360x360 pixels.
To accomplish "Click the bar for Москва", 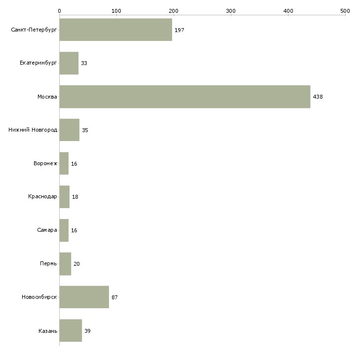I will (x=185, y=97).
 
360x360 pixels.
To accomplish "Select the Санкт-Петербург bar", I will (x=116, y=30).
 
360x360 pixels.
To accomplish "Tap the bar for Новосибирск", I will (x=84, y=297).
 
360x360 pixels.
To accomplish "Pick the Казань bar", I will (x=71, y=330).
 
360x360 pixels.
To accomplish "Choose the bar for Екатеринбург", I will (x=69, y=63).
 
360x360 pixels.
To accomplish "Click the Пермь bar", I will (x=65, y=264).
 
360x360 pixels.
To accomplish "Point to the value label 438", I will (x=318, y=97).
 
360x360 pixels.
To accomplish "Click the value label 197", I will (x=179, y=30).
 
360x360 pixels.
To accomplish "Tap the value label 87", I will (x=114, y=297).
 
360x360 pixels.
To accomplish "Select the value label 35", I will (x=85, y=130).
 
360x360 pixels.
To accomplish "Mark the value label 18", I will (x=75, y=197).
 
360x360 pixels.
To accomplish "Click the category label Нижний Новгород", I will (x=33, y=130).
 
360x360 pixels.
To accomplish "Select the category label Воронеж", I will (x=45, y=163).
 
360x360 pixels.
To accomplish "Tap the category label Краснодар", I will (x=43, y=197).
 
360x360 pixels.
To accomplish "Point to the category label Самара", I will (x=47, y=230).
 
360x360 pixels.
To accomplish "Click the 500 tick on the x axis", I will (x=345, y=10).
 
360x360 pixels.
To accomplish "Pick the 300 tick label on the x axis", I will (x=231, y=10).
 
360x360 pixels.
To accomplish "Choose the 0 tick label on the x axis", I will (x=59, y=10).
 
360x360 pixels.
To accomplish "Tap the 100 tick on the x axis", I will (x=116, y=10).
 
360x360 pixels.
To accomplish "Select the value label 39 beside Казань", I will (x=87, y=330).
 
